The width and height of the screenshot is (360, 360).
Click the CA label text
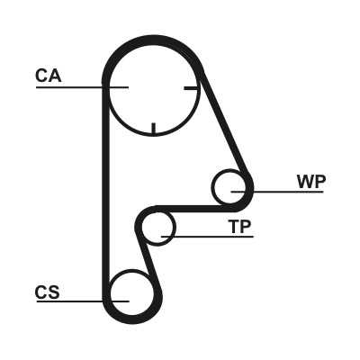coord(49,76)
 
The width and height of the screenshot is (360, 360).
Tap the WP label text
coord(311,181)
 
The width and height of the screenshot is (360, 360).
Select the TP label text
coord(239,227)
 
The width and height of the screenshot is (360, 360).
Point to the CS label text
coord(48,292)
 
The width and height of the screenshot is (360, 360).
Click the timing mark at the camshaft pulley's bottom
coord(154,129)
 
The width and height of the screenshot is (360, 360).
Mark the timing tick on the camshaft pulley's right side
coord(191,88)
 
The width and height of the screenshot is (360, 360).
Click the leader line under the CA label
coord(82,87)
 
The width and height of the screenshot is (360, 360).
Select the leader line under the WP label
coord(277,191)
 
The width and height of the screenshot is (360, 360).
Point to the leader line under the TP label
coord(207,237)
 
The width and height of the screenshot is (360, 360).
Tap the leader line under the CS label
coord(83,301)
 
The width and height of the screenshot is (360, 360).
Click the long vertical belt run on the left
coord(105,192)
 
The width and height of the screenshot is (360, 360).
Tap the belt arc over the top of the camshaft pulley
coord(153,40)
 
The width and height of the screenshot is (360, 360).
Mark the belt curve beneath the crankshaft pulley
coord(132,319)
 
